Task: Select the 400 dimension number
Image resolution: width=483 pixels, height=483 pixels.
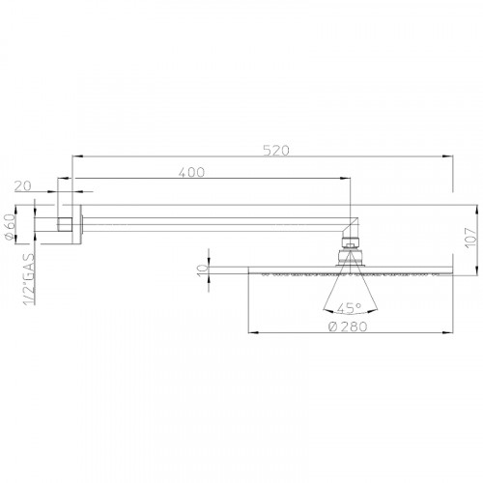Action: pos(191,172)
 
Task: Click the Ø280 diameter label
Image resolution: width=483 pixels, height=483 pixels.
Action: pos(346,327)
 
